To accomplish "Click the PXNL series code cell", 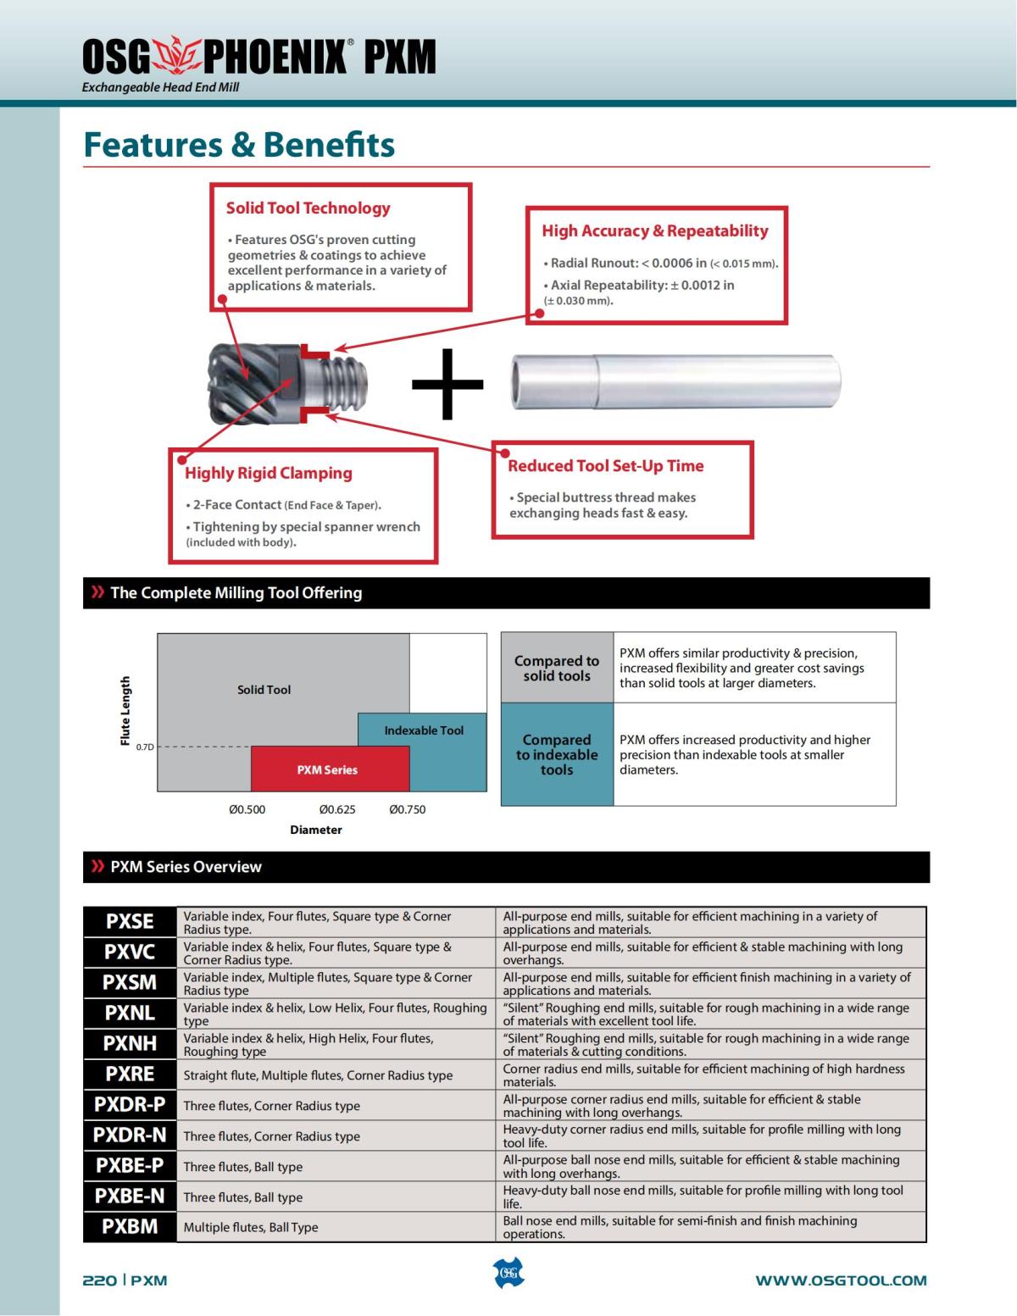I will [x=130, y=1013].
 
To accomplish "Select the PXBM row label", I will [x=130, y=1226].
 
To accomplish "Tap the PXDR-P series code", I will [x=130, y=1105].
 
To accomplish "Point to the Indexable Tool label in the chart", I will [x=424, y=730].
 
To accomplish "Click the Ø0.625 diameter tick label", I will [x=337, y=809].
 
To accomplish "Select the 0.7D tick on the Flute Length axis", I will [x=145, y=747].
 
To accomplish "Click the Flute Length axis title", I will [x=126, y=711].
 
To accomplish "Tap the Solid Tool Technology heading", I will [x=308, y=208].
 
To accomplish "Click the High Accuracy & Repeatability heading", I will [x=654, y=230].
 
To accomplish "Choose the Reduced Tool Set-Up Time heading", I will [x=605, y=466].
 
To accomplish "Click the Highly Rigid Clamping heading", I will [x=268, y=474].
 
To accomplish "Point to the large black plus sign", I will [x=447, y=384].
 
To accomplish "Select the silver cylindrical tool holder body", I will [x=675, y=381].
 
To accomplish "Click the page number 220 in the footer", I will [x=99, y=1280].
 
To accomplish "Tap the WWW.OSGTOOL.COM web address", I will [x=841, y=1280].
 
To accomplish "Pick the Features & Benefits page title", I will [x=239, y=145].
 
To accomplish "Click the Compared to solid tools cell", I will [x=557, y=668].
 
